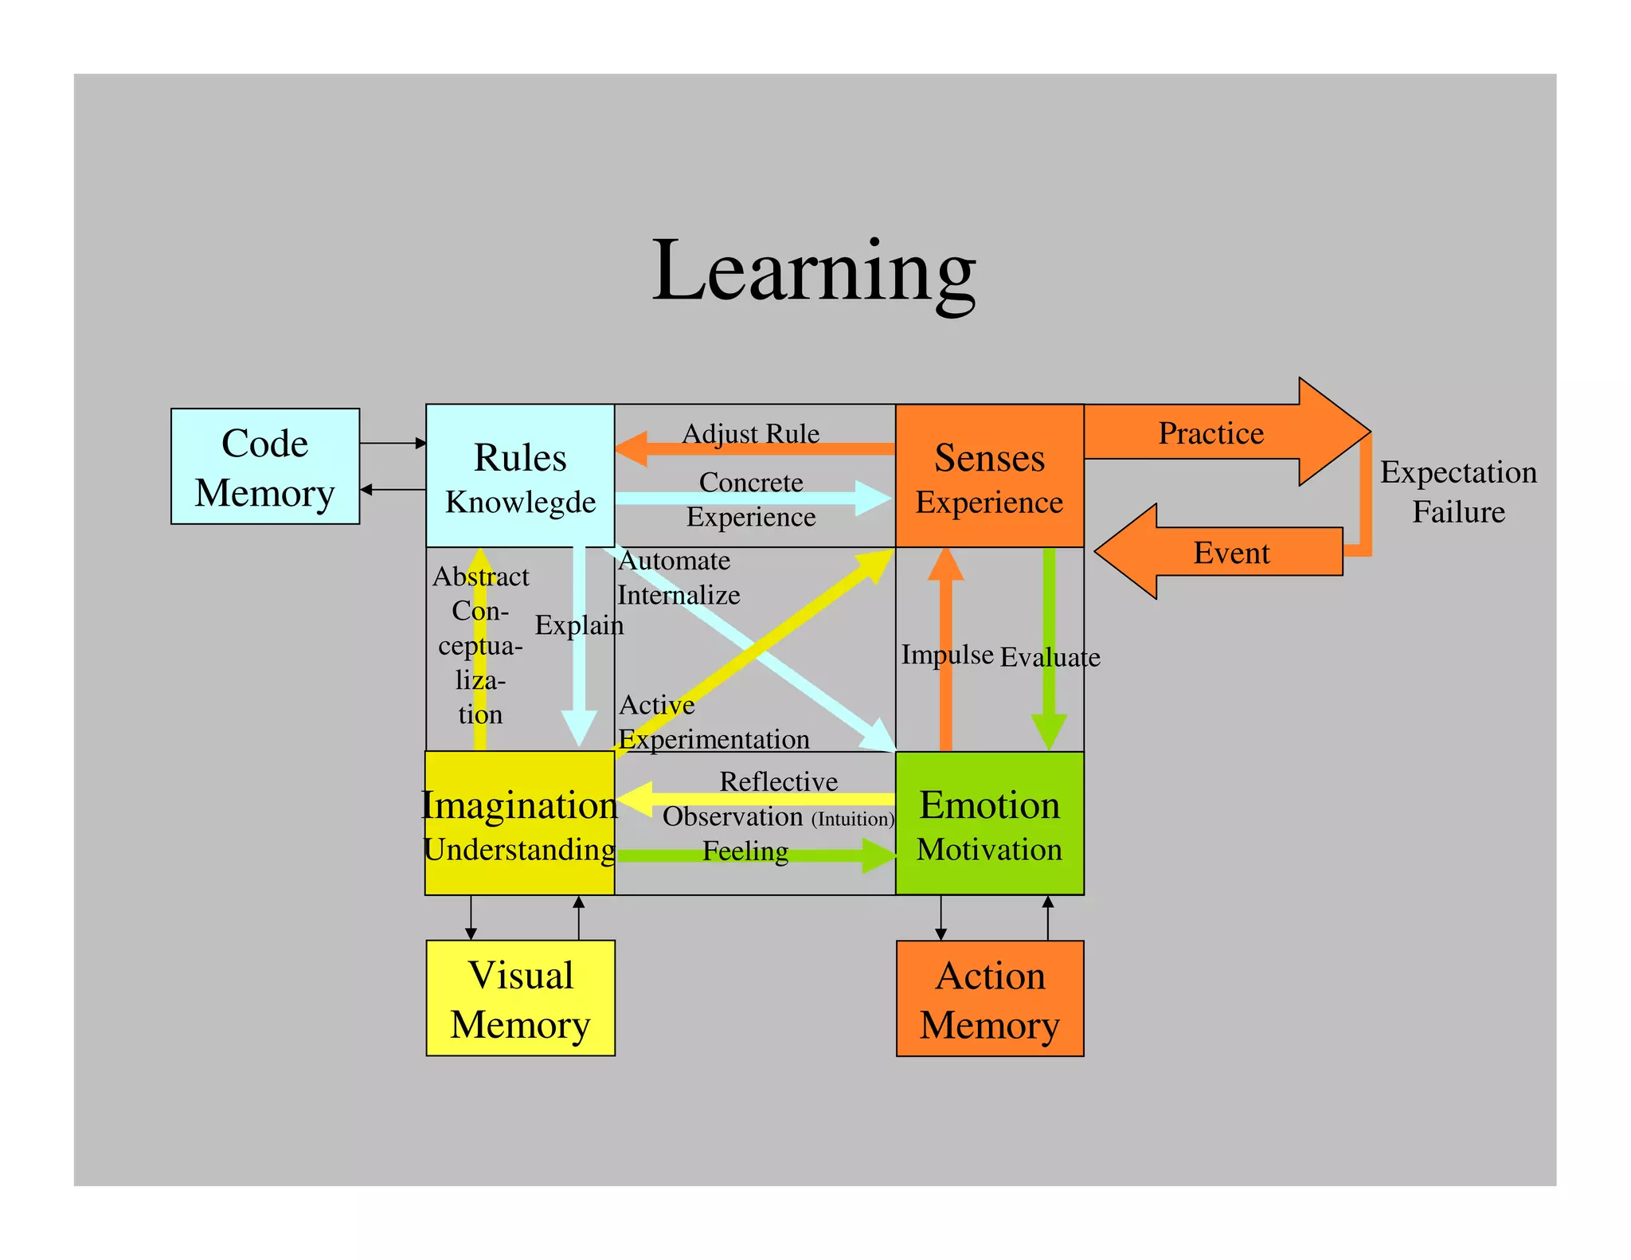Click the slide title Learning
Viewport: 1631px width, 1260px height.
coord(813,271)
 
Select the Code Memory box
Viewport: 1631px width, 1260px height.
coord(265,467)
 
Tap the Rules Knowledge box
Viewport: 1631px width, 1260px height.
coord(520,475)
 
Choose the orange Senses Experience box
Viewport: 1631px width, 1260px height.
coord(989,476)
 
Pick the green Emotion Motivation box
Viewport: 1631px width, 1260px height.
coord(989,824)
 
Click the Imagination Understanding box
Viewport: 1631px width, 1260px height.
coord(519,824)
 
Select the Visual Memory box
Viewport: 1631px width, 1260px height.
coord(520,999)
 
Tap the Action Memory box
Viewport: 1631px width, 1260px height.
coord(989,1000)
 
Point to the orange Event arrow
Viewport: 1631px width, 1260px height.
coord(1230,552)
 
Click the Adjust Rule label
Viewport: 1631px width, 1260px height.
coord(750,433)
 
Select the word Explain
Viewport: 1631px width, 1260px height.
coord(579,625)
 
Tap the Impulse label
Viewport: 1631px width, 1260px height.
coord(947,655)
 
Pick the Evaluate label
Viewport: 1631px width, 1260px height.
coord(1050,657)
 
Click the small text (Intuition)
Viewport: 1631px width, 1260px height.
coord(853,819)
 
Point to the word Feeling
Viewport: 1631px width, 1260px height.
coord(745,851)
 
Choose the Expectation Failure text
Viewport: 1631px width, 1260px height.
coord(1458,491)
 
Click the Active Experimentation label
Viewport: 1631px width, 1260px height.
coord(714,722)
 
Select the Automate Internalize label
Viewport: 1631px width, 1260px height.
coord(679,577)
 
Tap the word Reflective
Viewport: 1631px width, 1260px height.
coord(778,781)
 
